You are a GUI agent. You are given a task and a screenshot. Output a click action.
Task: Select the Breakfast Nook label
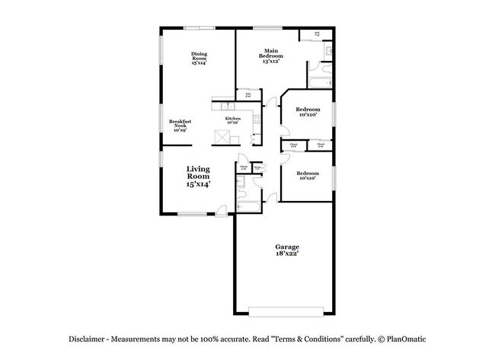(x=180, y=126)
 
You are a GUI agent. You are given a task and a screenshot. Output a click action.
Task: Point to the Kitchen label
(x=232, y=119)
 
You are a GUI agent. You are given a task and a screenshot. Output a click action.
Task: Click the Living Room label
(x=199, y=172)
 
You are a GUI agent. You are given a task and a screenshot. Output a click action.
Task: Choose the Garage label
(x=287, y=247)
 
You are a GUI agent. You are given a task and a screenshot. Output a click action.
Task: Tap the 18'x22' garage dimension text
(x=287, y=255)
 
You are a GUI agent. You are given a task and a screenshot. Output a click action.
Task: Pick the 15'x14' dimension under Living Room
(x=199, y=184)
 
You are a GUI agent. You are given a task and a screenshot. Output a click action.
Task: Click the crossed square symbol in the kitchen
(x=223, y=137)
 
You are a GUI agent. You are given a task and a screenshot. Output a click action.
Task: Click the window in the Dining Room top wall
(x=198, y=28)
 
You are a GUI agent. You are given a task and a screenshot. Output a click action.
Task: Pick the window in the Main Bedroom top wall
(x=268, y=28)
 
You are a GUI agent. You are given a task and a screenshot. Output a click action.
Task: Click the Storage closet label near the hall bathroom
(x=257, y=167)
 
